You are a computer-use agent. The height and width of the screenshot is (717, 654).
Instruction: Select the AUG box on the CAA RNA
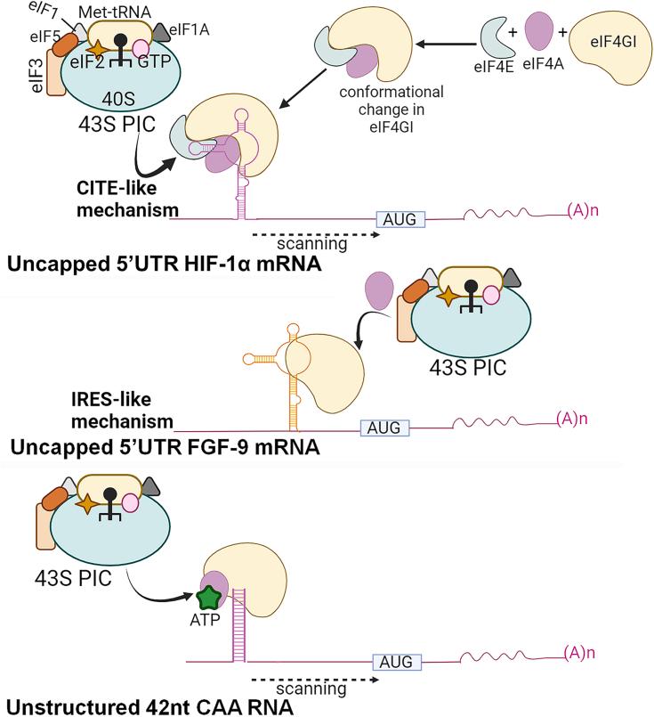coord(397,661)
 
